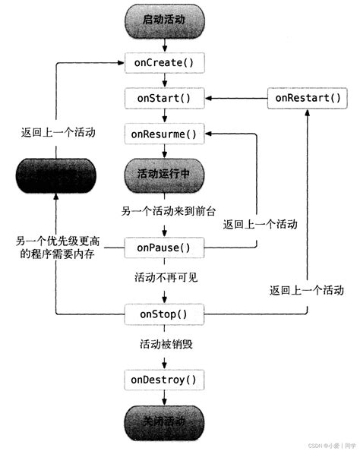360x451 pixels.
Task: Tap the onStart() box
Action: (x=163, y=98)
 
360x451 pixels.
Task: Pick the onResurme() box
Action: (x=163, y=135)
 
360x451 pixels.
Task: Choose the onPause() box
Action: (x=163, y=247)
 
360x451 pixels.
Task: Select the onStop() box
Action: (x=163, y=313)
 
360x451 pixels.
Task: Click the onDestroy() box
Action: (x=163, y=379)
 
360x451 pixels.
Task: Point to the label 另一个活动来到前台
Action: (x=163, y=210)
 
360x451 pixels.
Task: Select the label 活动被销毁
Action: (x=163, y=345)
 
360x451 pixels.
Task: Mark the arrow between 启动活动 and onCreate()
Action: (x=163, y=43)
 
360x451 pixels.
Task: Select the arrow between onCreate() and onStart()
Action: (x=163, y=80)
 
